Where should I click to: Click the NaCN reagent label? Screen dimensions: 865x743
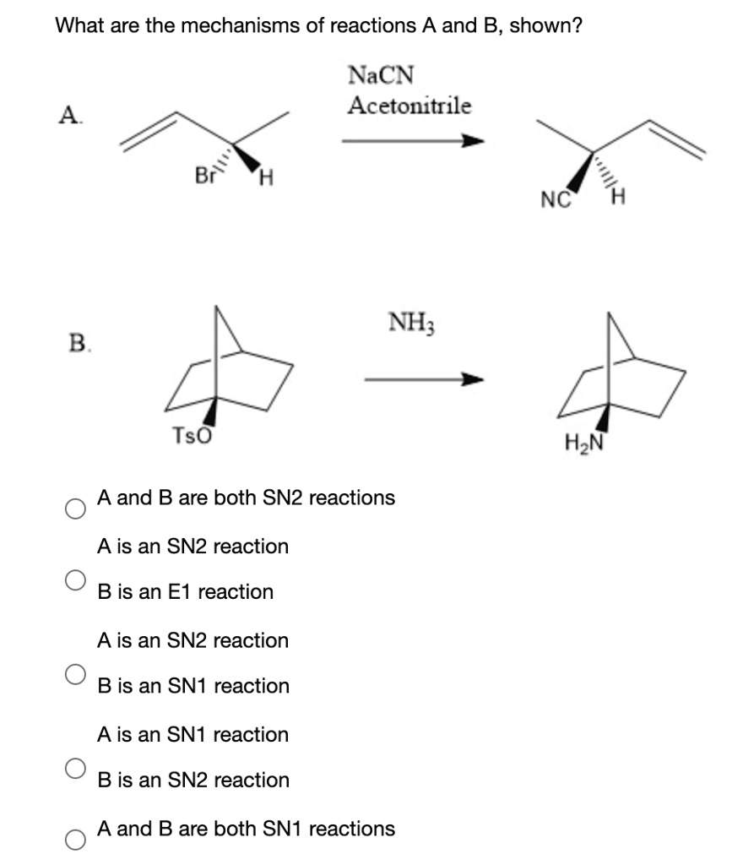point(381,75)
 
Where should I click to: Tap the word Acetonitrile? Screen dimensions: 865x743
point(410,106)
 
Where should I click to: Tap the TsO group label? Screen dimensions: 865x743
point(192,436)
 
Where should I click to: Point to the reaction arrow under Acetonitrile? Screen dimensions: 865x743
point(413,141)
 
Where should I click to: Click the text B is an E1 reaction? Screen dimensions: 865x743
point(186,591)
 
